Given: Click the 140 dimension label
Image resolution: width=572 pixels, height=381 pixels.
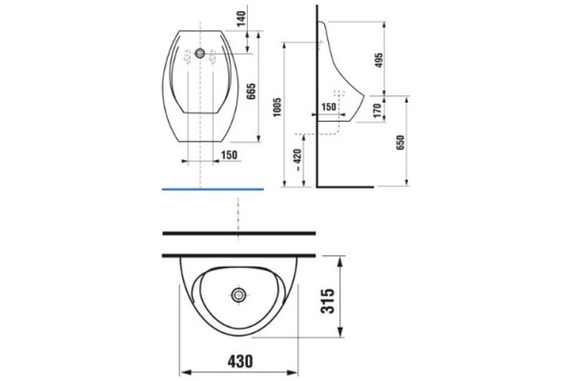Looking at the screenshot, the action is [x=241, y=19].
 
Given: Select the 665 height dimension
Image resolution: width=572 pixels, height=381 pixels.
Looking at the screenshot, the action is [x=252, y=91].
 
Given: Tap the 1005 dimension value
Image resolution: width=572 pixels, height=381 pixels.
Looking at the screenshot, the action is [x=277, y=107].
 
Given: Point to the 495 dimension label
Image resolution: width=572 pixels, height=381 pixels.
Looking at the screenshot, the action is [x=379, y=60].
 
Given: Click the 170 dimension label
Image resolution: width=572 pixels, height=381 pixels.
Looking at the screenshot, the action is [x=378, y=110].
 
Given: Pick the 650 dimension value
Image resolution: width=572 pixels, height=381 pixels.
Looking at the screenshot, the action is [x=400, y=143].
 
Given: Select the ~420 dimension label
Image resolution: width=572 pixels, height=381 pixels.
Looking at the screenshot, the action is [x=297, y=160].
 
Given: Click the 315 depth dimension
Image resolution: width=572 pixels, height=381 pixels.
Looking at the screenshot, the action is [x=327, y=301].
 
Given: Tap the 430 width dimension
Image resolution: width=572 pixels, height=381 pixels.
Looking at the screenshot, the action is [x=240, y=361].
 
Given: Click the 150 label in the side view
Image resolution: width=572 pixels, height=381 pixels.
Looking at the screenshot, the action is [x=328, y=107].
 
